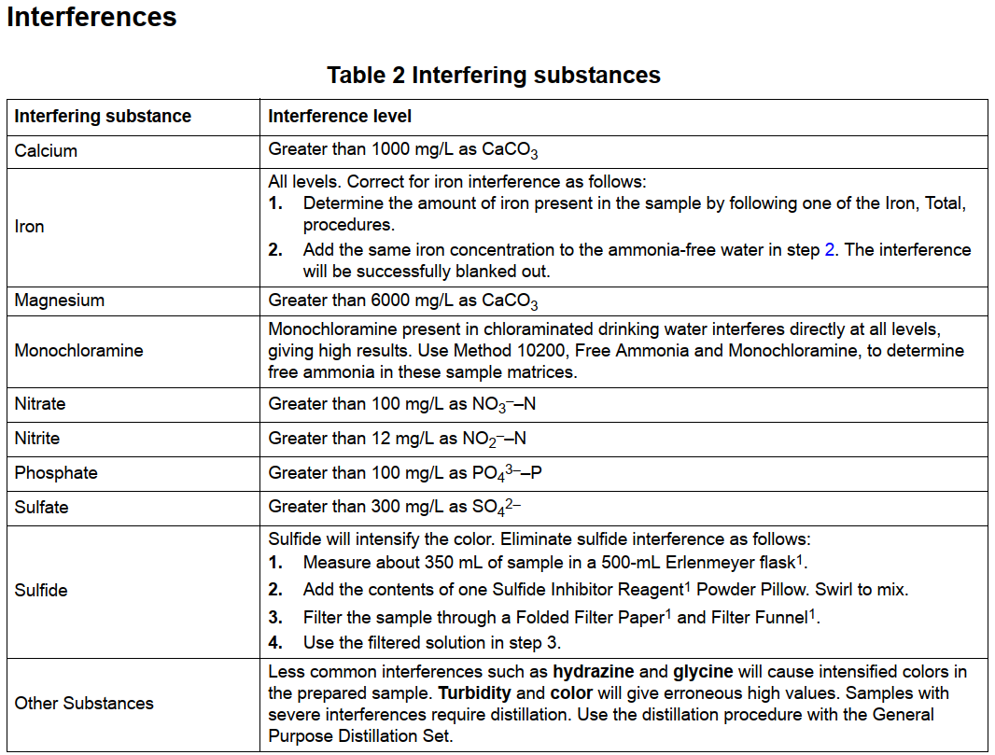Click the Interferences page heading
click(91, 17)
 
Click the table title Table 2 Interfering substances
click(494, 76)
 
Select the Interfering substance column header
click(103, 117)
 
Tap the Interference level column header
click(340, 117)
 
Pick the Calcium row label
click(46, 150)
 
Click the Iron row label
click(29, 226)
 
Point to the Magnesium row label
click(59, 301)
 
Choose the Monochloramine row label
click(78, 351)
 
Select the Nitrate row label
click(40, 404)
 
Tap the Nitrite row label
click(37, 438)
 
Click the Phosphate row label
click(56, 472)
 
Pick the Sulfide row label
click(41, 590)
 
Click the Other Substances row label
click(84, 703)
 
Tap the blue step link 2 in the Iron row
click(830, 250)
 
